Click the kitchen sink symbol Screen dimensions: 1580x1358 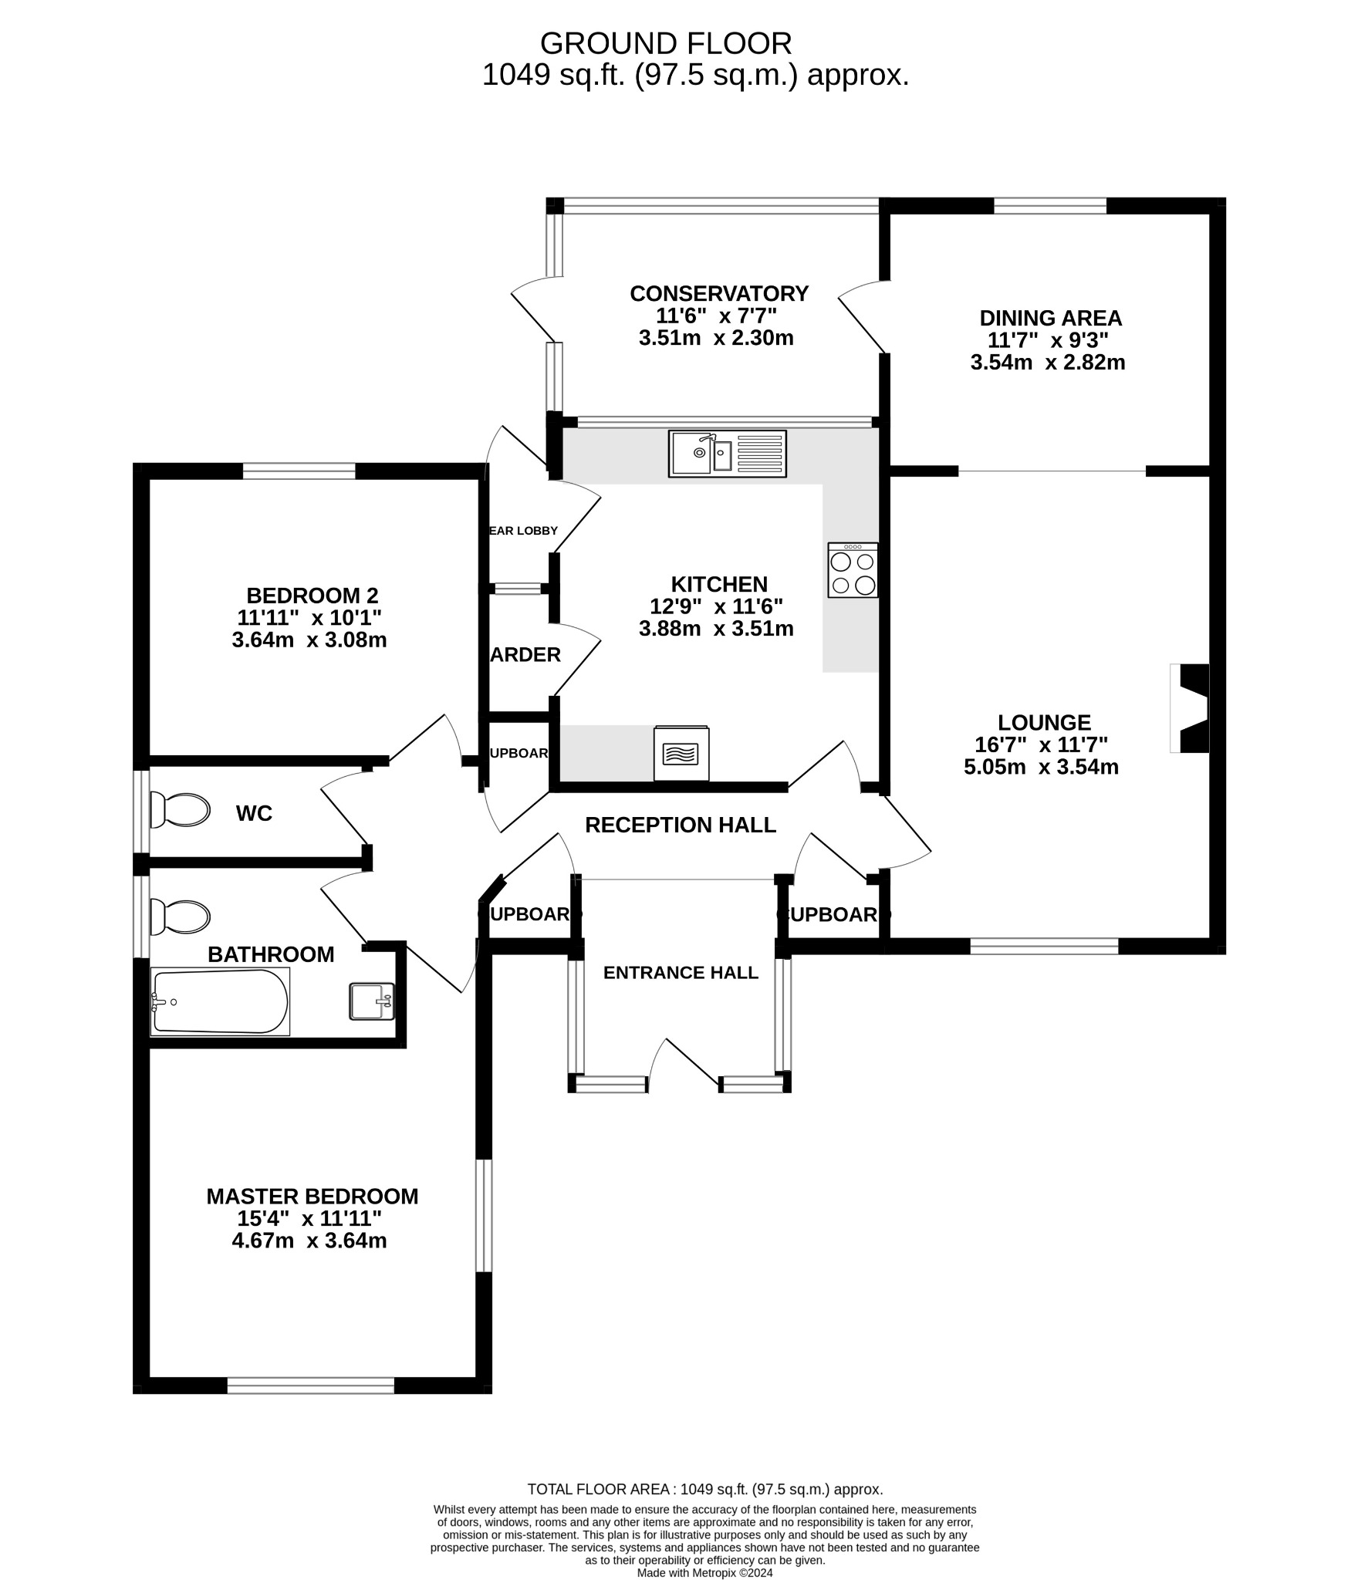pos(727,454)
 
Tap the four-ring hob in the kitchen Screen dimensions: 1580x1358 pos(853,570)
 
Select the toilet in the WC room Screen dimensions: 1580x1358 pos(180,809)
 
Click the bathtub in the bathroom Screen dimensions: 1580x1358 pos(221,1001)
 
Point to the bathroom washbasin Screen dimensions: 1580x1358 pos(372,1001)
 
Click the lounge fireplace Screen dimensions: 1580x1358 pos(1191,707)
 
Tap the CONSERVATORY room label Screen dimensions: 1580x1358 pos(718,294)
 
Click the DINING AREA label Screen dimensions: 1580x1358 pos(1050,318)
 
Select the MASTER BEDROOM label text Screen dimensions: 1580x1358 pos(312,1197)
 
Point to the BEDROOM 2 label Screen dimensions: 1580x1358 pos(312,596)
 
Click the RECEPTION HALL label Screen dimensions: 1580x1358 pos(680,825)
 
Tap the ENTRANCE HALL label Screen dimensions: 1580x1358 pos(681,973)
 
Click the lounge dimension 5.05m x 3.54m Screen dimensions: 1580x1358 pos(1041,767)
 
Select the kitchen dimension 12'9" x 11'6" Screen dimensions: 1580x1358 pos(716,606)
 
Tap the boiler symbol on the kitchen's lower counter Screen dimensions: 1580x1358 pos(681,752)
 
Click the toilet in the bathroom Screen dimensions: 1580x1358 pos(180,917)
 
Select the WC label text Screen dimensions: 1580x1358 pos(254,813)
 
